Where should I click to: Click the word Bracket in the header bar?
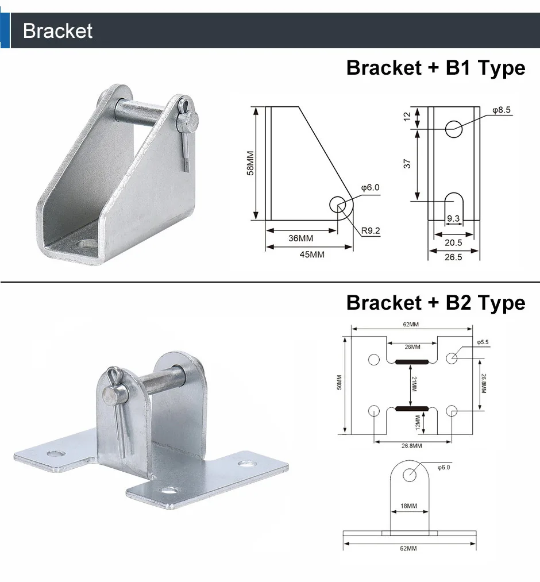tap(57, 31)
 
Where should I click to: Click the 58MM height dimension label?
tap(250, 163)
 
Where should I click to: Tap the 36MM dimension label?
tap(300, 238)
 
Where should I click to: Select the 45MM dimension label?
tap(312, 255)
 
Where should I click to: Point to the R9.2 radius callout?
tap(371, 231)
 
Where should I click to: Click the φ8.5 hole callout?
tap(502, 110)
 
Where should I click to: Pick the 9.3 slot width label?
tap(453, 218)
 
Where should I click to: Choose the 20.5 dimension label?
tap(453, 243)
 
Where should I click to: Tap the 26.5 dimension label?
tap(453, 257)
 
